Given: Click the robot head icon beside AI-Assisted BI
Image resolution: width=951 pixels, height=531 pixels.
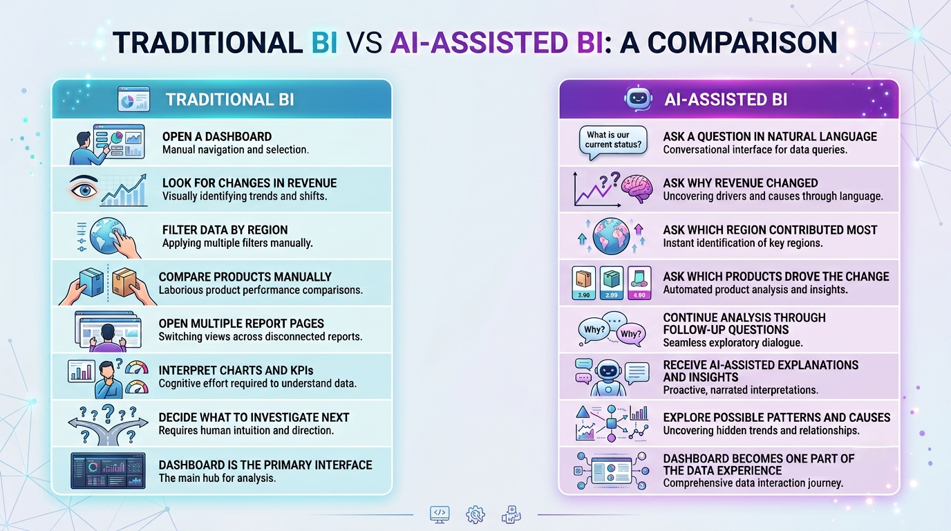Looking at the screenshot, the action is [638, 99].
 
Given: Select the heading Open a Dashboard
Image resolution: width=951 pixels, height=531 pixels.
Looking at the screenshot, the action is [217, 136].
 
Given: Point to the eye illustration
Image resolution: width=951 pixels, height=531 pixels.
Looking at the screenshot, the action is [84, 188].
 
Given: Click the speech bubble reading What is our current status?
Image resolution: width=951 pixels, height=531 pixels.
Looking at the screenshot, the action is [613, 140].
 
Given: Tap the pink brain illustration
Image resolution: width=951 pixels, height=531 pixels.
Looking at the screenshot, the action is [637, 189].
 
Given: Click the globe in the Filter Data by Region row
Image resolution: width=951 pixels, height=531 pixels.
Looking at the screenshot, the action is [106, 236].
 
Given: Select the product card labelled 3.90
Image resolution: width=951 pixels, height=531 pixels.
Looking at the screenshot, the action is [583, 283].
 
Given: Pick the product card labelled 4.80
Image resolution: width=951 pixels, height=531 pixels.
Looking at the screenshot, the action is [639, 283].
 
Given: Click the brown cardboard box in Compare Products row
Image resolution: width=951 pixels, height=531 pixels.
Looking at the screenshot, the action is [125, 281].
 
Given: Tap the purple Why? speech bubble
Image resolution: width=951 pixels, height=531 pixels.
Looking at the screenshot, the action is [631, 334].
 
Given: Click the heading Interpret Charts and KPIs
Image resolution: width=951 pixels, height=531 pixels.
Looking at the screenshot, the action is [236, 371].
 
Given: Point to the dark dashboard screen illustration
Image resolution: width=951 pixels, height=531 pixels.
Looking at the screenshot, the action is [108, 470].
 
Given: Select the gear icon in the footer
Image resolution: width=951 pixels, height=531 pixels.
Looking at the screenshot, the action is [475, 514].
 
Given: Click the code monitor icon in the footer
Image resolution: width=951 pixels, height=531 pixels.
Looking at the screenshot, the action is [440, 514].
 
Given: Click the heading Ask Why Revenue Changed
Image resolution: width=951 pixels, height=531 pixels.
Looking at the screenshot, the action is [740, 183].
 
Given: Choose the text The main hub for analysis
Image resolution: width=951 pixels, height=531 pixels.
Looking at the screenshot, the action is [218, 478].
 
